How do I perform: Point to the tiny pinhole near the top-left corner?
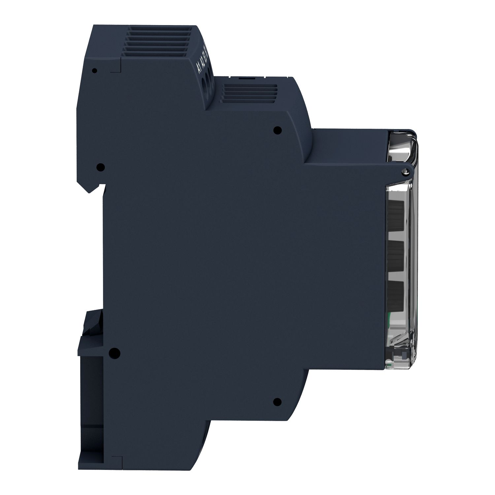95,70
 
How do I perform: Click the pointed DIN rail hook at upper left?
91,188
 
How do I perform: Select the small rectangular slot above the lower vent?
243,78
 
